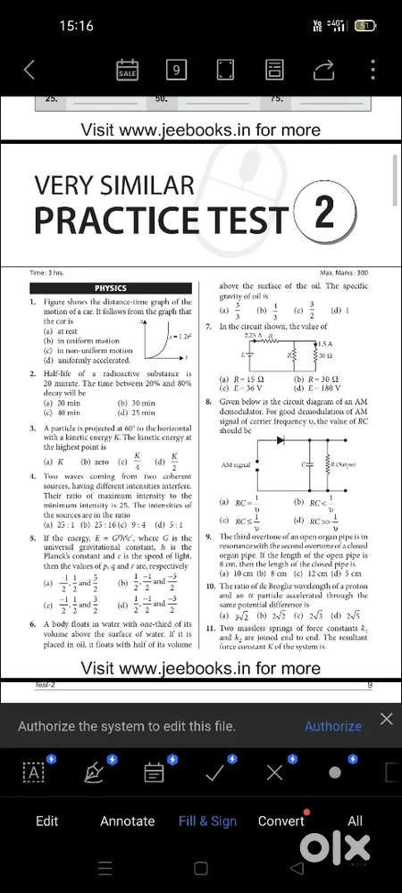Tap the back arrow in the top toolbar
tap(29, 70)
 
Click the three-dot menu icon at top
tap(373, 70)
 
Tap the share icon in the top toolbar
tap(322, 70)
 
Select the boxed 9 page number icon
tap(176, 70)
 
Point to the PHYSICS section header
tap(111, 288)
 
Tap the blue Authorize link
tap(332, 726)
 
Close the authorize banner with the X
tap(386, 719)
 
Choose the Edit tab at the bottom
tap(46, 821)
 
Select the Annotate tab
tap(127, 821)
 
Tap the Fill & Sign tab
tap(207, 821)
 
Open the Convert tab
tap(281, 821)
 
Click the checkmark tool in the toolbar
tap(214, 772)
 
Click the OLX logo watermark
tap(335, 846)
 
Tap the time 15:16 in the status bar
tap(76, 26)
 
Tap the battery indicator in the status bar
tap(364, 26)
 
